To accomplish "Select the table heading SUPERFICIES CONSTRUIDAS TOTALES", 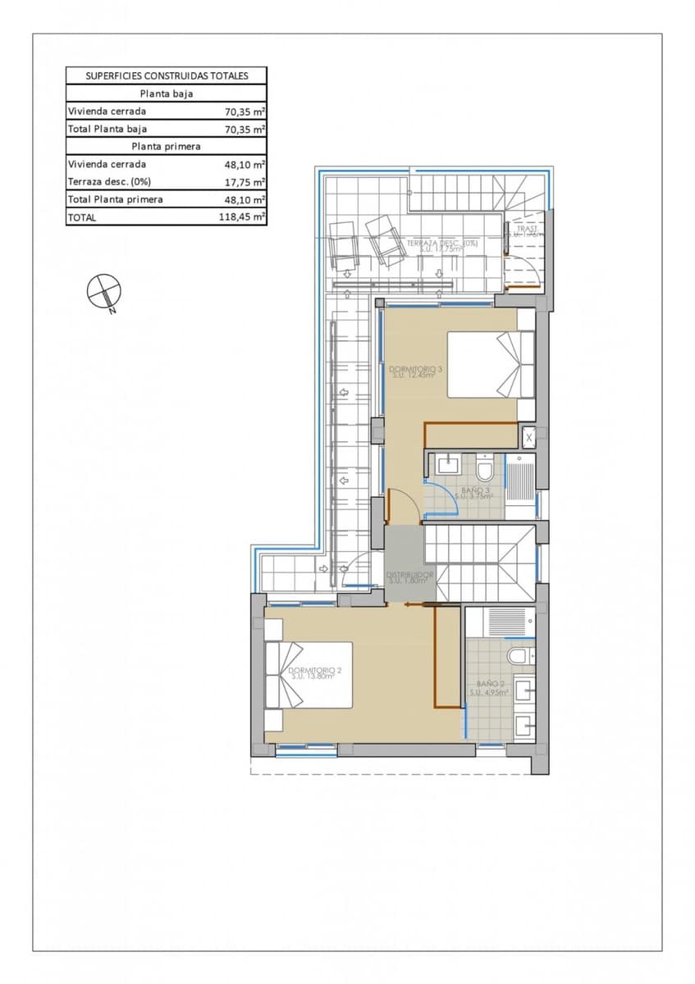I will click(167, 75).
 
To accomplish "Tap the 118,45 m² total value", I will click(245, 217).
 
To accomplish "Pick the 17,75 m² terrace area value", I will click(245, 182).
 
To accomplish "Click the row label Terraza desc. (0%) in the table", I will click(110, 182).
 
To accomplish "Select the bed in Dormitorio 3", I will click(491, 363).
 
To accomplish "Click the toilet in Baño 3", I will click(485, 470).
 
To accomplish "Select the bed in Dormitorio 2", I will click(309, 675).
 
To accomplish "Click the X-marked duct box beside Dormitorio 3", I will click(528, 437).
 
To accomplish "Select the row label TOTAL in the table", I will click(83, 217).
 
